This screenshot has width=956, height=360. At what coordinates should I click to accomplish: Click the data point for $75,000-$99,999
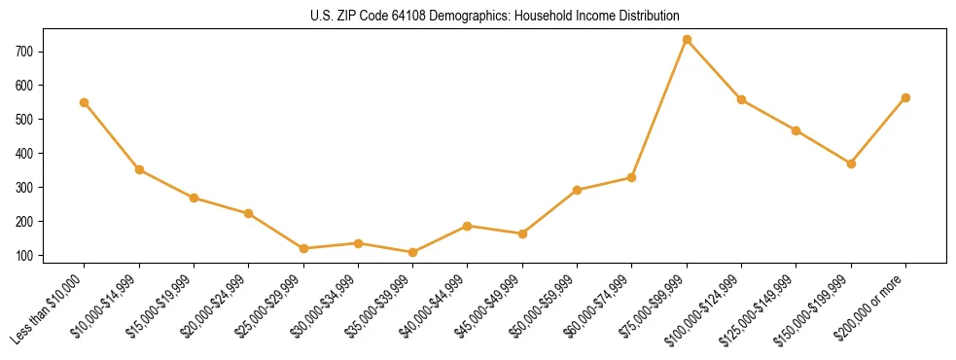(687, 40)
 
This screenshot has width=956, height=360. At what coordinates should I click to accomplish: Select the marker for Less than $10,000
(85, 102)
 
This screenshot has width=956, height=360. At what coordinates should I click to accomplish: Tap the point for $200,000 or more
(905, 97)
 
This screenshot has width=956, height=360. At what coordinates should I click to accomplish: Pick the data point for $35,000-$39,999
(413, 252)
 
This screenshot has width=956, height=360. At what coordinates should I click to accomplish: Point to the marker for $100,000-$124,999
(741, 99)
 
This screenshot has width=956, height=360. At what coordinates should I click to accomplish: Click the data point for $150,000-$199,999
(851, 163)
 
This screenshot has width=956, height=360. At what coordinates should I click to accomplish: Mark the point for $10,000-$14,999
(139, 169)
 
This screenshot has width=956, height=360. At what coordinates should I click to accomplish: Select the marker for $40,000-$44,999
(468, 226)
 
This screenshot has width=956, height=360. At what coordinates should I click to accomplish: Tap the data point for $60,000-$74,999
(632, 177)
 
